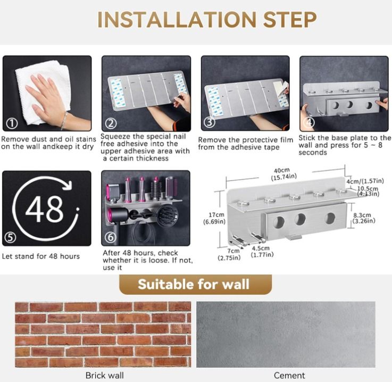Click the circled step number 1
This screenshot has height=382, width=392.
[x=12, y=123]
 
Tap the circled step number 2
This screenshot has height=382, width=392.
[x=111, y=123]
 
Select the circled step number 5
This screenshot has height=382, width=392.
[x=11, y=237]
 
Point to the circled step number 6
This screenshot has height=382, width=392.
[x=111, y=237]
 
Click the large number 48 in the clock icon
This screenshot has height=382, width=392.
[x=44, y=209]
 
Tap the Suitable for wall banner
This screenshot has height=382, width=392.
[x=195, y=285]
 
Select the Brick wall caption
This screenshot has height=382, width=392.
[x=104, y=375]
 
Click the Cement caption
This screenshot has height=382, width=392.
[x=289, y=375]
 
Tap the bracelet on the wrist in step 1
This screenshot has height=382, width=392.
[x=64, y=120]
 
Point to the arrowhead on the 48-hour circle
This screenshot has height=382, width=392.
[x=68, y=185]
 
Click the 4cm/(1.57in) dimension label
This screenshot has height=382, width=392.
[x=365, y=181]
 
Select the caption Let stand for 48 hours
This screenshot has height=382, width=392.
[x=41, y=256]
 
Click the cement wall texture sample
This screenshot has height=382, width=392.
[x=286, y=334]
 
